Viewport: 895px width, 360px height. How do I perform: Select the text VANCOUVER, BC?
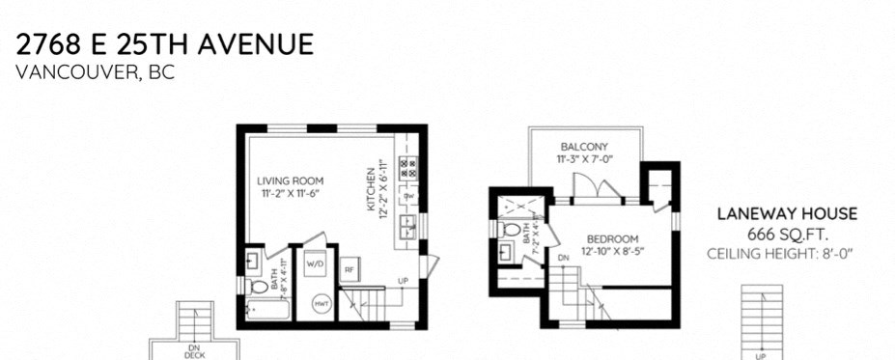[x=96, y=73]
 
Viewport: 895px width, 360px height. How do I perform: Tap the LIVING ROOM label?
[x=290, y=180]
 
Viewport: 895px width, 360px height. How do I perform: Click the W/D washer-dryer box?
[x=316, y=263]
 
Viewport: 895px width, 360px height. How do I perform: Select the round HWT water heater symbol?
[x=321, y=304]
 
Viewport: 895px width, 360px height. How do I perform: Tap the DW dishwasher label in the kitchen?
[x=408, y=196]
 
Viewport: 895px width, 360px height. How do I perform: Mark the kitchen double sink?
[x=409, y=228]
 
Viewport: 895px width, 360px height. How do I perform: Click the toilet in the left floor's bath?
[x=258, y=288]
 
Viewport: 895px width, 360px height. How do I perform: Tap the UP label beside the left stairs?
[x=400, y=281]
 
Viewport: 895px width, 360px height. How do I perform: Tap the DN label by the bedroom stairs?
[x=564, y=258]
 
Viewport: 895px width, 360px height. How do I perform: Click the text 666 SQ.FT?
[x=786, y=235]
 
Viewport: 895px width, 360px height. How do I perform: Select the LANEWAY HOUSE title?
[x=786, y=214]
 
